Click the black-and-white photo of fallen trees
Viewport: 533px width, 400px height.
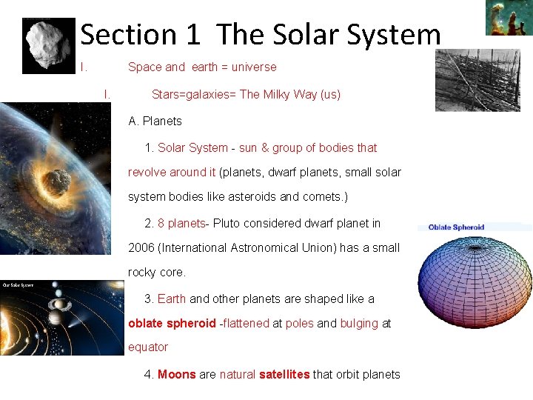477,80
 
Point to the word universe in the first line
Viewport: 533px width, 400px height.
254,67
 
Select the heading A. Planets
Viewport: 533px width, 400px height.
155,121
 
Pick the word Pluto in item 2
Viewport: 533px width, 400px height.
232,223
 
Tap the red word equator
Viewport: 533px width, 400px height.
148,347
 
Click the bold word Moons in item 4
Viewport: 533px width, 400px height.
177,374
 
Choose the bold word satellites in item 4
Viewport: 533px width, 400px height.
284,374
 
